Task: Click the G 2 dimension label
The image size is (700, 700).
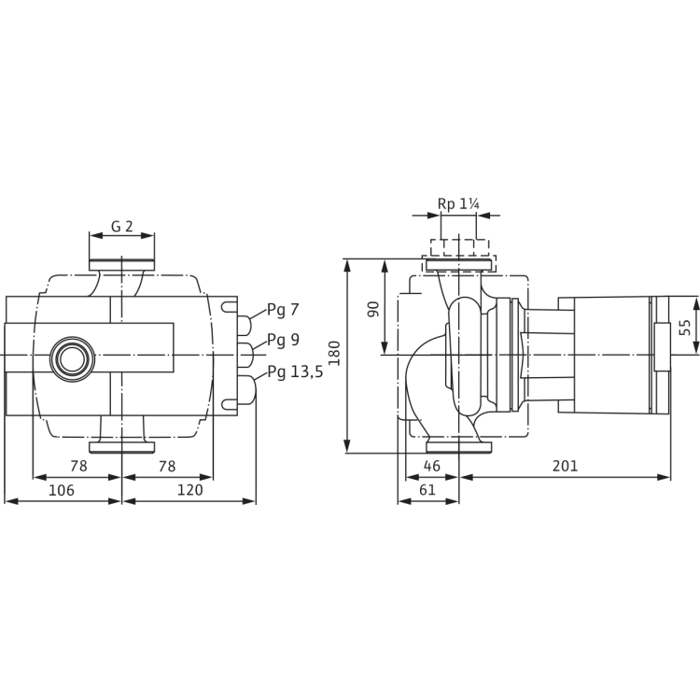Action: (121, 226)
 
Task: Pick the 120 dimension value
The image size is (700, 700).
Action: (188, 490)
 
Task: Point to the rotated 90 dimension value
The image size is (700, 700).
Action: (371, 307)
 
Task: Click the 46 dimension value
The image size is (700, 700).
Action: (431, 465)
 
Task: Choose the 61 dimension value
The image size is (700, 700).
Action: (427, 490)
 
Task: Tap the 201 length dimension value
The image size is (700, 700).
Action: (565, 465)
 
